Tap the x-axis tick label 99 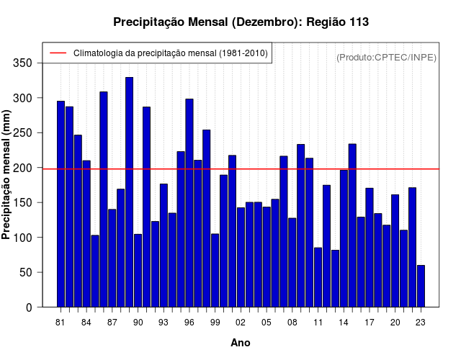pyautogui.click(x=215, y=322)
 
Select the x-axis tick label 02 pyautogui.click(x=241, y=322)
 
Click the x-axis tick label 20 pyautogui.click(x=395, y=322)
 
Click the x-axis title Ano pyautogui.click(x=241, y=343)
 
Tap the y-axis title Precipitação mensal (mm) pyautogui.click(x=7, y=174)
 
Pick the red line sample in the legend pyautogui.click(x=58, y=53)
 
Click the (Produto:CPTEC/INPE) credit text pyautogui.click(x=386, y=57)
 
